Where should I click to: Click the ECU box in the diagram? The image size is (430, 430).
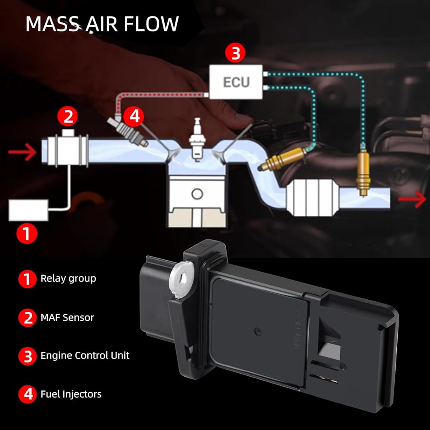click(x=236, y=81)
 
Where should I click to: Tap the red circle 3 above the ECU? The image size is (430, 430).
click(x=235, y=54)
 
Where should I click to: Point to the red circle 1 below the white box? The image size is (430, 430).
click(x=27, y=233)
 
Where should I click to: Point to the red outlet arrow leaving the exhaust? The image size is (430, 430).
click(x=410, y=200)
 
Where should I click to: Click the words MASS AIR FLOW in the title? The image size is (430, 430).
click(x=102, y=24)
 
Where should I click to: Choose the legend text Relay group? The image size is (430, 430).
click(x=68, y=279)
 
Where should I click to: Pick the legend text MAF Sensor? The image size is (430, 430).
click(x=67, y=318)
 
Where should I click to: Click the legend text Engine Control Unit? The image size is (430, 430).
click(x=85, y=356)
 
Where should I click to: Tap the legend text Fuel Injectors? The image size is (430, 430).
click(x=71, y=394)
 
